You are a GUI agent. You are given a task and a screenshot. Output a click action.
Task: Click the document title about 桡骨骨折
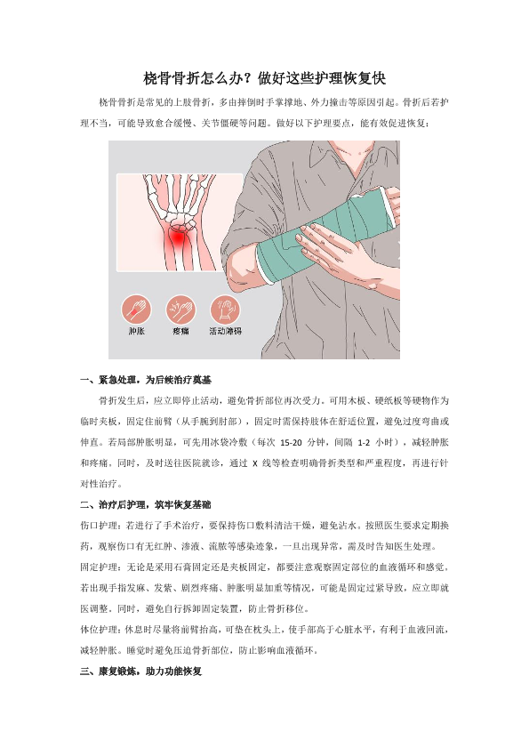[x=264, y=77]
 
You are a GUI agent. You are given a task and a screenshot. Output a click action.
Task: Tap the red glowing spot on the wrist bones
[x=178, y=237]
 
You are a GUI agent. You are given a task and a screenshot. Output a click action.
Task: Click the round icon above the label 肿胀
[x=136, y=310]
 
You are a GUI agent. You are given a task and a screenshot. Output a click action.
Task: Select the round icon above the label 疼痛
[x=180, y=310]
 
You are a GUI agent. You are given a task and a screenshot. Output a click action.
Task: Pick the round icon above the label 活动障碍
[x=225, y=310]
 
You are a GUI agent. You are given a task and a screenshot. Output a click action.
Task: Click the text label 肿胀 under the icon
[x=136, y=331]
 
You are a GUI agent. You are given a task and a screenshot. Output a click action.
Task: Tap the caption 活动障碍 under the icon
[x=225, y=331]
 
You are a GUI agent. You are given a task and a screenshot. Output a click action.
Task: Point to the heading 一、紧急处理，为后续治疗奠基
[x=146, y=380]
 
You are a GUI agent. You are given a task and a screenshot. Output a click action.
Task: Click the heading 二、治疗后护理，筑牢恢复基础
[x=146, y=504]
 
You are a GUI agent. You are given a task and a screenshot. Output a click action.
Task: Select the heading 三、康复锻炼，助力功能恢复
[x=140, y=672]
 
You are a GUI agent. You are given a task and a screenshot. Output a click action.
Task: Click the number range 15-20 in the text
[x=291, y=443]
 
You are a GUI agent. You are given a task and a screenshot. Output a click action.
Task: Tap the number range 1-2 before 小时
[x=364, y=443]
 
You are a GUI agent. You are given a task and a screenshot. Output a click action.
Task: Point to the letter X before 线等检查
[x=255, y=463]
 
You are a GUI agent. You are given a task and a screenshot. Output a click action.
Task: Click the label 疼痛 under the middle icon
[x=180, y=331]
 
